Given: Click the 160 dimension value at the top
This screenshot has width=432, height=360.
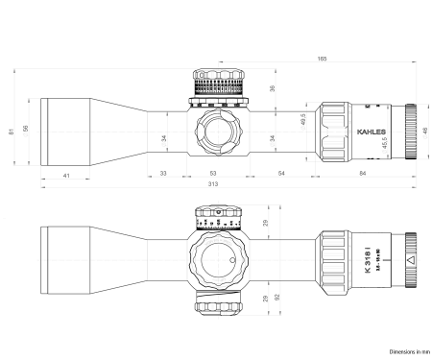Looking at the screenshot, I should pos(322,60).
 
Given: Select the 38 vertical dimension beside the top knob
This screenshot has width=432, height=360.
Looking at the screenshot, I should pos(272,88).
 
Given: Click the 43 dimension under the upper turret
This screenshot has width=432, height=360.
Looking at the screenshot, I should pos(212,173).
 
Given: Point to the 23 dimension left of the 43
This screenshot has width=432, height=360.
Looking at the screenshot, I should pos(164,173).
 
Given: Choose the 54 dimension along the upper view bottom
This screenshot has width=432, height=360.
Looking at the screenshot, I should pos(281,173).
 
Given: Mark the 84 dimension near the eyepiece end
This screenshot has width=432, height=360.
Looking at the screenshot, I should pos(362,173).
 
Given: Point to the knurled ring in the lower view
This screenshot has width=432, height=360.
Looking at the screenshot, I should pos(335,260).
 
